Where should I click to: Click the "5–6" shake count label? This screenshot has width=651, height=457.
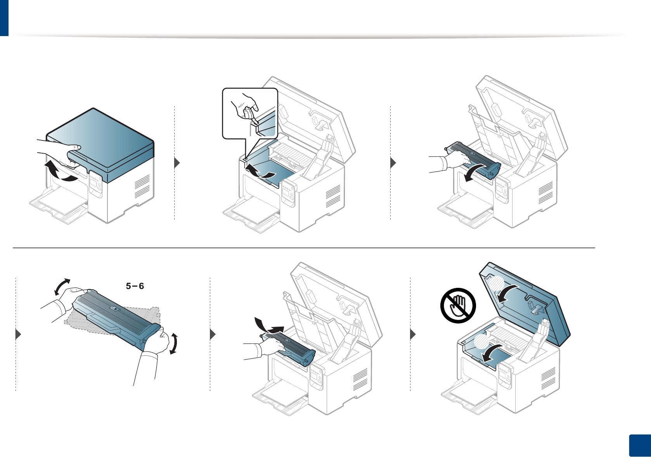tap(135, 286)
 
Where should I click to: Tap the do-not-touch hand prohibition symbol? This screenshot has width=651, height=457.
tap(458, 305)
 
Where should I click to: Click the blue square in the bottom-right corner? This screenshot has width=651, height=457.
tap(639, 446)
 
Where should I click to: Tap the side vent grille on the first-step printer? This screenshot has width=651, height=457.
tap(142, 186)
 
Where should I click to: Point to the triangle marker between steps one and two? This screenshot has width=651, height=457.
tap(177, 163)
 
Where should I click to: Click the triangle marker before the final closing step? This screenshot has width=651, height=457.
tap(413, 334)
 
